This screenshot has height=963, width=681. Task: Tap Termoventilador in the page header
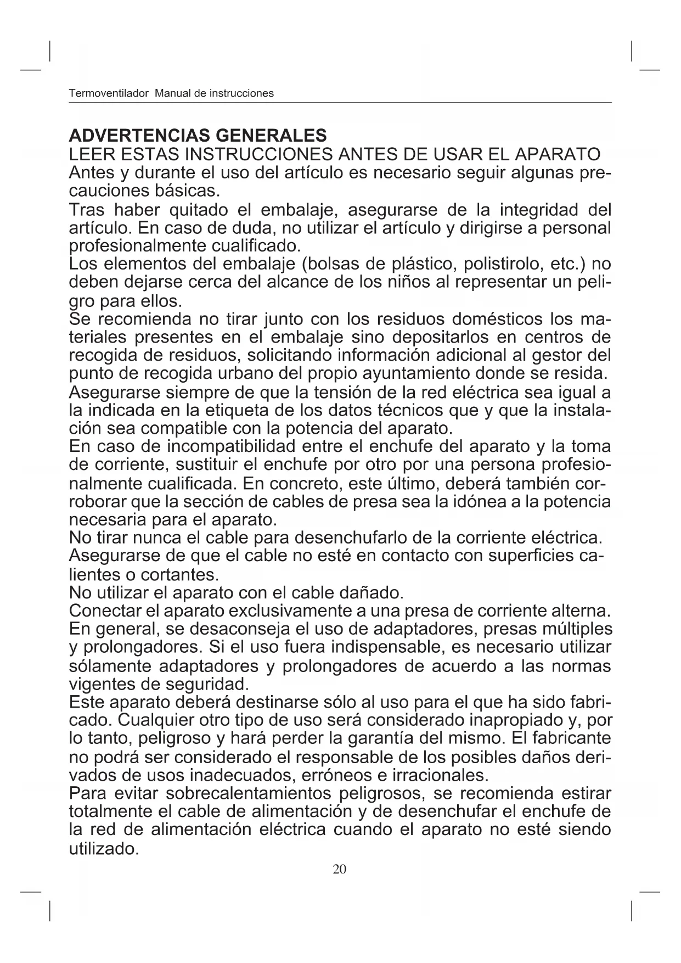pos(109,93)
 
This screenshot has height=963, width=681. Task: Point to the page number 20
pos(340,869)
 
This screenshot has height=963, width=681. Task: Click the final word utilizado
pos(104,849)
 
